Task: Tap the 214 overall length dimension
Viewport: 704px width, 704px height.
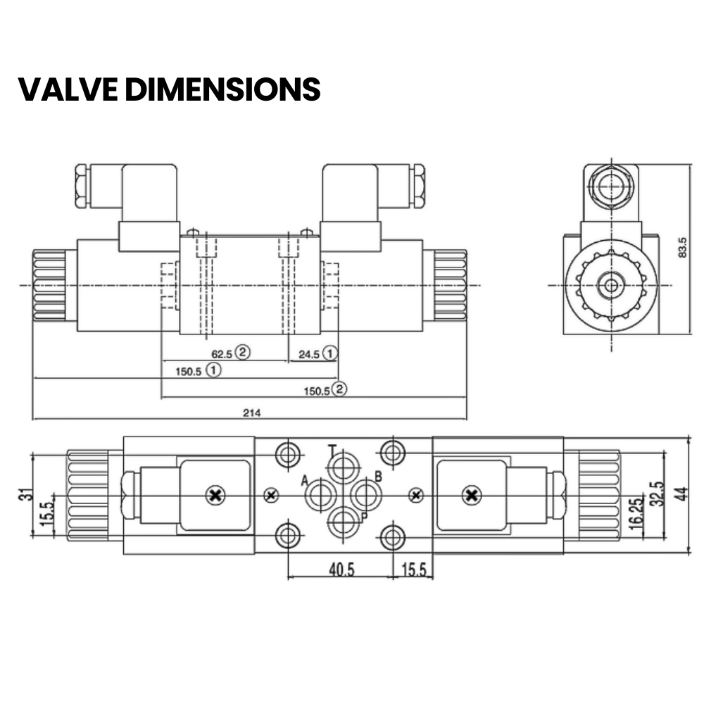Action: pyautogui.click(x=252, y=413)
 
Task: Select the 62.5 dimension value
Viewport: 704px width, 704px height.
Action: pyautogui.click(x=222, y=353)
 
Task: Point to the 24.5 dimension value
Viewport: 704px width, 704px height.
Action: pyautogui.click(x=309, y=354)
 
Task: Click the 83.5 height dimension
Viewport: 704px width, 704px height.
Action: pyautogui.click(x=682, y=247)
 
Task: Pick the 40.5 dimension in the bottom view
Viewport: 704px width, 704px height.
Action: pyautogui.click(x=341, y=569)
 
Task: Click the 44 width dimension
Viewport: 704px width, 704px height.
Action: pyautogui.click(x=679, y=495)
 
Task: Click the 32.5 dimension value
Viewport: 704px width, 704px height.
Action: pyautogui.click(x=658, y=495)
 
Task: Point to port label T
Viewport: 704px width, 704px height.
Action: pyautogui.click(x=332, y=450)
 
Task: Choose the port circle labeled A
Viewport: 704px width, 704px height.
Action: pyautogui.click(x=319, y=495)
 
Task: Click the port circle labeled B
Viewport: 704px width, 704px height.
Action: pyautogui.click(x=365, y=495)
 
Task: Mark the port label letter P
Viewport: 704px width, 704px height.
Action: pyautogui.click(x=365, y=517)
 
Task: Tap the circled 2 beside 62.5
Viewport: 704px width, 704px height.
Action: pyautogui.click(x=243, y=353)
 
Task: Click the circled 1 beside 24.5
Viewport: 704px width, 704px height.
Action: pyautogui.click(x=330, y=353)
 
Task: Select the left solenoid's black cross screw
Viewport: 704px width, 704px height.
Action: pyautogui.click(x=215, y=496)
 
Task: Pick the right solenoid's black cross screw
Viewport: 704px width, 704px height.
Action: pyautogui.click(x=470, y=496)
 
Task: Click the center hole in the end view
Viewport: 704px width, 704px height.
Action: pyautogui.click(x=610, y=285)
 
